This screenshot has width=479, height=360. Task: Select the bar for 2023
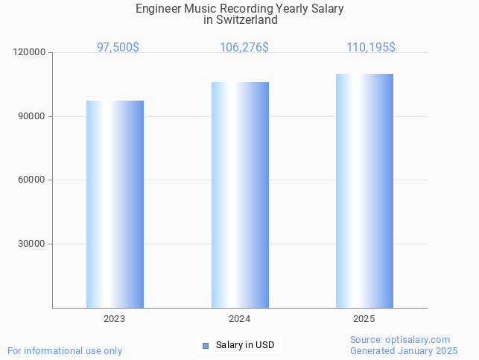(x=115, y=204)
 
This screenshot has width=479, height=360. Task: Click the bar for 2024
(x=240, y=195)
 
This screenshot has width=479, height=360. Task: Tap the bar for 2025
(x=364, y=191)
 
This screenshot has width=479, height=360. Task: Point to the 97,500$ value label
(x=118, y=47)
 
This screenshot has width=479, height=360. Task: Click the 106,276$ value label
(x=244, y=47)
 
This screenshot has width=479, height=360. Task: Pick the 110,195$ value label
(x=370, y=47)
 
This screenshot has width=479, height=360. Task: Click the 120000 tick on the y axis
(x=30, y=53)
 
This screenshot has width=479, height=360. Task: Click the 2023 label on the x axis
(x=115, y=319)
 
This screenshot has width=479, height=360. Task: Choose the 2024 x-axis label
(x=239, y=319)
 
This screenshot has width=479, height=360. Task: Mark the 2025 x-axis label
(x=364, y=319)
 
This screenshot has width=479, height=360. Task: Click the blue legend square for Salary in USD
(x=206, y=345)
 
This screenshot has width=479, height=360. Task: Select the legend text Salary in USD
(x=245, y=345)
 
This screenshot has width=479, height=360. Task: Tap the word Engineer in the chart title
(x=159, y=9)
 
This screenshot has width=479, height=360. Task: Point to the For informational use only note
(x=65, y=350)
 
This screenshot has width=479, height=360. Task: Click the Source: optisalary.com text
(x=400, y=340)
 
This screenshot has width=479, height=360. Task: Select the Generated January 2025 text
(x=404, y=350)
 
